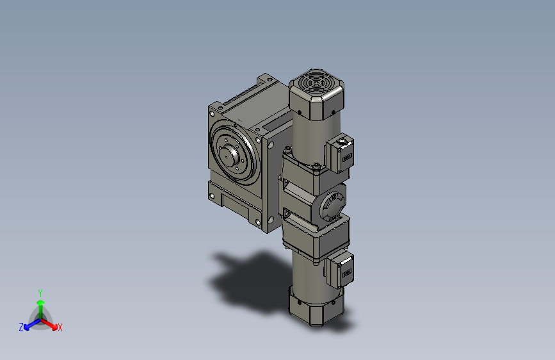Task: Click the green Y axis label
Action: pyautogui.click(x=40, y=293)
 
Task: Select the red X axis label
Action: pyautogui.click(x=60, y=327)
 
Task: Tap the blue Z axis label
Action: pyautogui.click(x=21, y=327)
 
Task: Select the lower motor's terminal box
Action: pyautogui.click(x=340, y=269)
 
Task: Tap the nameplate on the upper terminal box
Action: pyautogui.click(x=346, y=157)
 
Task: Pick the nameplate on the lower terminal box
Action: pyautogui.click(x=346, y=273)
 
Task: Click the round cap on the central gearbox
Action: pyautogui.click(x=332, y=206)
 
